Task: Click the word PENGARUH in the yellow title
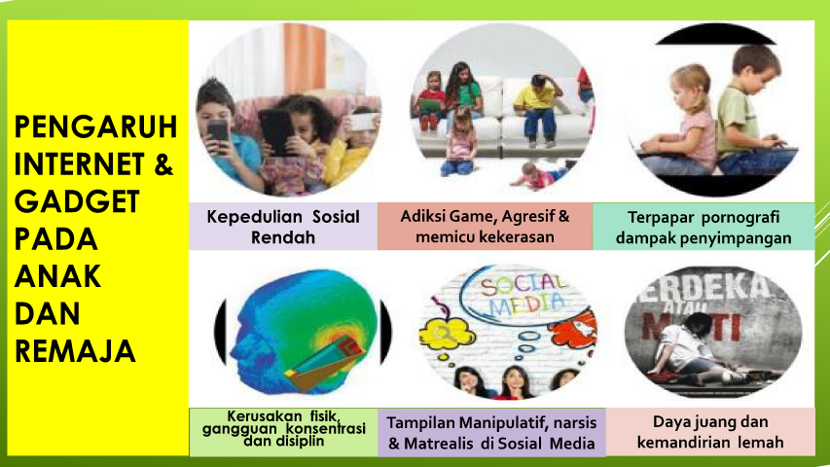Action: [95, 127]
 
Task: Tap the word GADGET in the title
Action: [77, 201]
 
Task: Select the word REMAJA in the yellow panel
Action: [75, 351]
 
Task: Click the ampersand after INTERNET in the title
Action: [164, 164]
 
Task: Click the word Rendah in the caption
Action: [282, 237]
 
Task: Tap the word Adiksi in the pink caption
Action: [422, 216]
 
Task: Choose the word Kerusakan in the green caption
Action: [257, 416]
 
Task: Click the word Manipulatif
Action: [503, 423]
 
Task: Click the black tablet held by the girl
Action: [275, 132]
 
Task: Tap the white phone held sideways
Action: [364, 123]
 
